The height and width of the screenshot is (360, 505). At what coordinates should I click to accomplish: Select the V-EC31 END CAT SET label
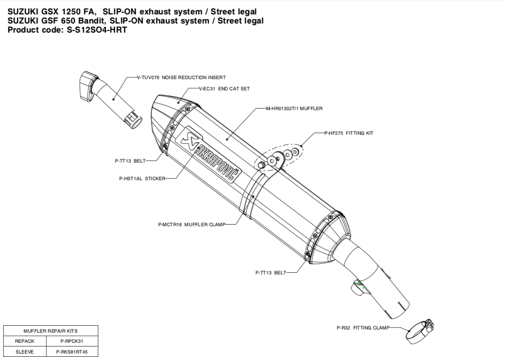224,89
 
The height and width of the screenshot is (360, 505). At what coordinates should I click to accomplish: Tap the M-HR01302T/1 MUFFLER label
294,108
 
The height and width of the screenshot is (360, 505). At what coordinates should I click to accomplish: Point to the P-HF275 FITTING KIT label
348,133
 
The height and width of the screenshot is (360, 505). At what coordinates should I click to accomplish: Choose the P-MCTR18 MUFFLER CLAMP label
191,225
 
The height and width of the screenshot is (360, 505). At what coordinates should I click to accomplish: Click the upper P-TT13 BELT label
130,160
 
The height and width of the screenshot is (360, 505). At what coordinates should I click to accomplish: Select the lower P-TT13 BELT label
270,272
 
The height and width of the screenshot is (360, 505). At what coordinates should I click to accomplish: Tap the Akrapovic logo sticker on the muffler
211,154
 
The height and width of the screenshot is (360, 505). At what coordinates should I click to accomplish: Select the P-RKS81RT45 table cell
72,351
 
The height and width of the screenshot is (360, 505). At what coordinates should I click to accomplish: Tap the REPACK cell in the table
25,341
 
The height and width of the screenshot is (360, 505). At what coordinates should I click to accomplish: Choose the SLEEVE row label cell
25,351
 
